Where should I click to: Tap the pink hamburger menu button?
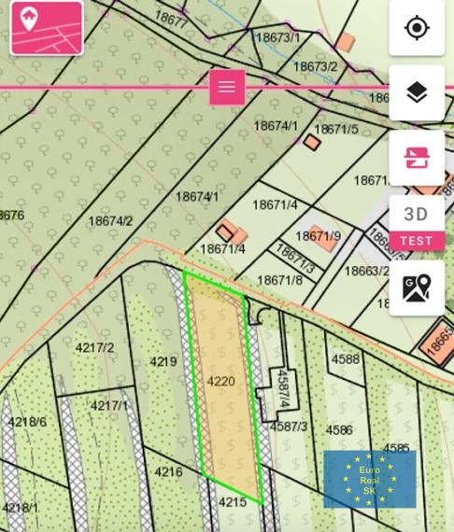point(227,87)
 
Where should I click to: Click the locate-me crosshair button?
point(417,28)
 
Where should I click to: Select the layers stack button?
point(417,92)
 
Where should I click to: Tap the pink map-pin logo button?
point(46,28)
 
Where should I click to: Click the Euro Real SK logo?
point(369,480)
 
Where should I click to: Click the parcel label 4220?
point(221,382)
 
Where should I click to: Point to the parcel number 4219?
point(163,362)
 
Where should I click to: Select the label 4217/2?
point(94,348)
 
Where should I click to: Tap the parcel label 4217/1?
point(109,406)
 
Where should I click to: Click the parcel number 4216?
point(168,472)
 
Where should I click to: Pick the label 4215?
point(233,502)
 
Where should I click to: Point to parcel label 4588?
point(345,359)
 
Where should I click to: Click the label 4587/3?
point(289,427)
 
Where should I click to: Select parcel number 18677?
point(172,20)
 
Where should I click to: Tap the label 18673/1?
point(277,37)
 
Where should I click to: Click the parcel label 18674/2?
point(110,221)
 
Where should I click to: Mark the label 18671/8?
point(279,280)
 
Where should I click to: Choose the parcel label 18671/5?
point(336,130)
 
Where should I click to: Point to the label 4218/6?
point(27,422)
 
